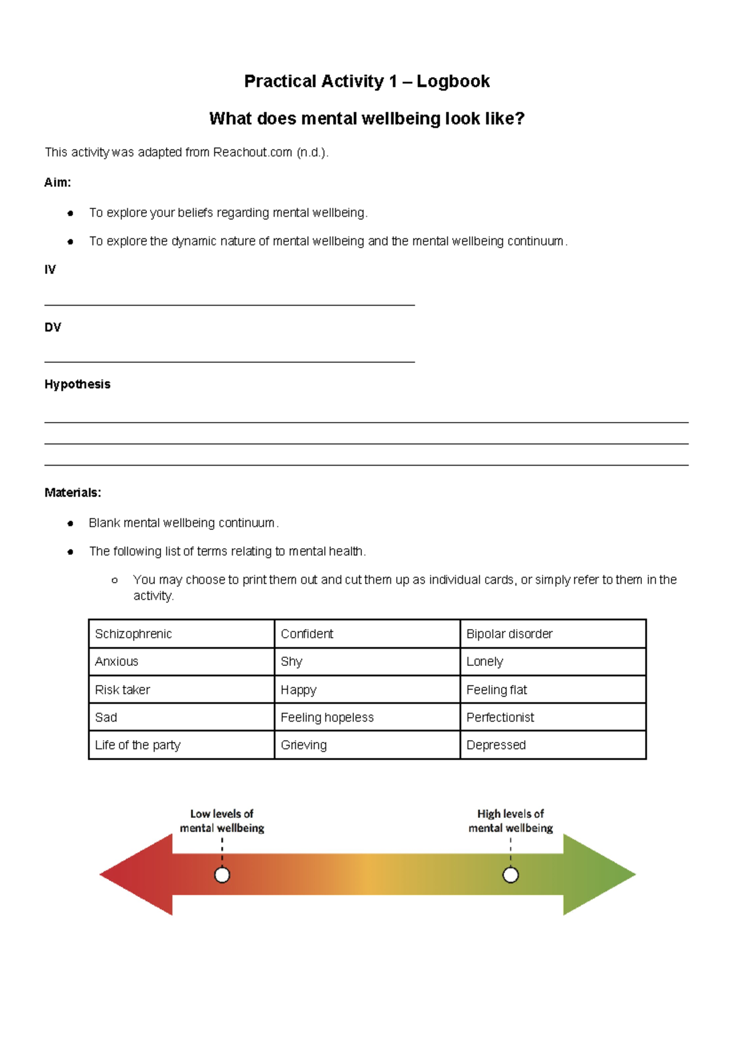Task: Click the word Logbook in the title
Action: coord(453,81)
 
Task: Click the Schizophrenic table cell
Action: coord(181,634)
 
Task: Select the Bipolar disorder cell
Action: coord(552,634)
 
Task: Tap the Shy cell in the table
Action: coord(367,662)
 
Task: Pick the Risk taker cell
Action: coord(181,690)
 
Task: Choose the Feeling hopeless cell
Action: coord(367,717)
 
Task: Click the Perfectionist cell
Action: coord(552,717)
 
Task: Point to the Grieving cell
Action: coord(367,745)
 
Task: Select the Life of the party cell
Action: coord(181,745)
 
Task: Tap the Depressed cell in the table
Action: coord(552,745)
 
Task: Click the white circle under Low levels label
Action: coord(222,875)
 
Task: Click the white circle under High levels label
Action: coord(510,875)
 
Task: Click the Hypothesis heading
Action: coord(77,384)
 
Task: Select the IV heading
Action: coord(50,270)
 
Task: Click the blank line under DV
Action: coord(230,361)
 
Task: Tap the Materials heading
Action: coord(72,493)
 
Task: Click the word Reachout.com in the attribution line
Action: coord(252,152)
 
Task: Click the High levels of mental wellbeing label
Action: coord(510,821)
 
